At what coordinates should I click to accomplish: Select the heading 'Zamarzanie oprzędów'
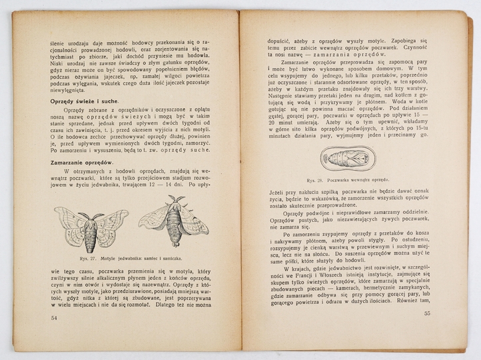79,163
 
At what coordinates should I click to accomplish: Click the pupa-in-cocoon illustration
353,157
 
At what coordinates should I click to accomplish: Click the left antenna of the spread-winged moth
81,214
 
